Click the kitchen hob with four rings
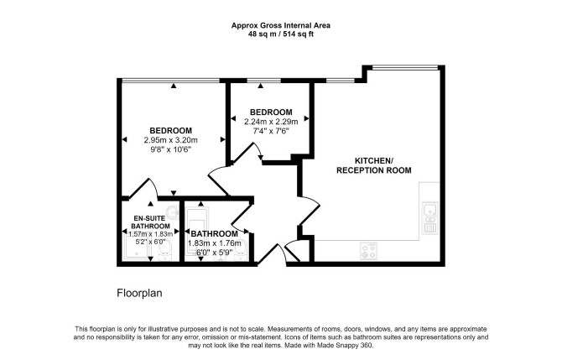[368, 251]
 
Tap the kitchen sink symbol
[429, 218]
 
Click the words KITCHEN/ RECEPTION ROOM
[374, 165]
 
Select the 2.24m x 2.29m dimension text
[271, 122]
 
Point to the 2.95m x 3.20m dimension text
[170, 140]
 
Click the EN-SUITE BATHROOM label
[150, 222]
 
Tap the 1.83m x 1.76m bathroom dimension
[215, 243]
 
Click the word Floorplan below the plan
[139, 293]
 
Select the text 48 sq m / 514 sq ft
[281, 34]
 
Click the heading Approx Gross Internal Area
[281, 25]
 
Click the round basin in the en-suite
[173, 211]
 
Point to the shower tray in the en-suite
[136, 247]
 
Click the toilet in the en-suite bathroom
[166, 249]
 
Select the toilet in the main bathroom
[240, 249]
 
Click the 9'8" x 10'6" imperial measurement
[171, 149]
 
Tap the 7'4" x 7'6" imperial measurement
[271, 131]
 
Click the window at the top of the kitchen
[405, 67]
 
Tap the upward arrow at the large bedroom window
[174, 86]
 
